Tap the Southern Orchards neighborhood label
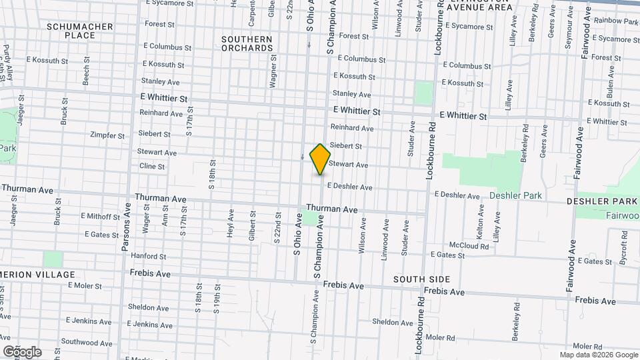pyautogui.click(x=247, y=43)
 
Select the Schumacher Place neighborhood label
pyautogui.click(x=80, y=31)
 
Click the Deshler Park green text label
pyautogui.click(x=516, y=196)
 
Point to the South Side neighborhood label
pyautogui.click(x=421, y=279)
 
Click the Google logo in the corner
pyautogui.click(x=21, y=351)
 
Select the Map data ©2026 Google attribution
pyautogui.click(x=599, y=355)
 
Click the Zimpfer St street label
pyautogui.click(x=107, y=135)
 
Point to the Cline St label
pyautogui.click(x=152, y=166)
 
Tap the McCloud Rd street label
pyautogui.click(x=469, y=246)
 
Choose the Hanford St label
pyautogui.click(x=149, y=256)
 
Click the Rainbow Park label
pyautogui.click(x=616, y=21)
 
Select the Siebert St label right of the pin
pyautogui.click(x=345, y=146)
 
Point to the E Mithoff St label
pyautogui.click(x=100, y=216)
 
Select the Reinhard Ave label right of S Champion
pyautogui.click(x=352, y=127)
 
